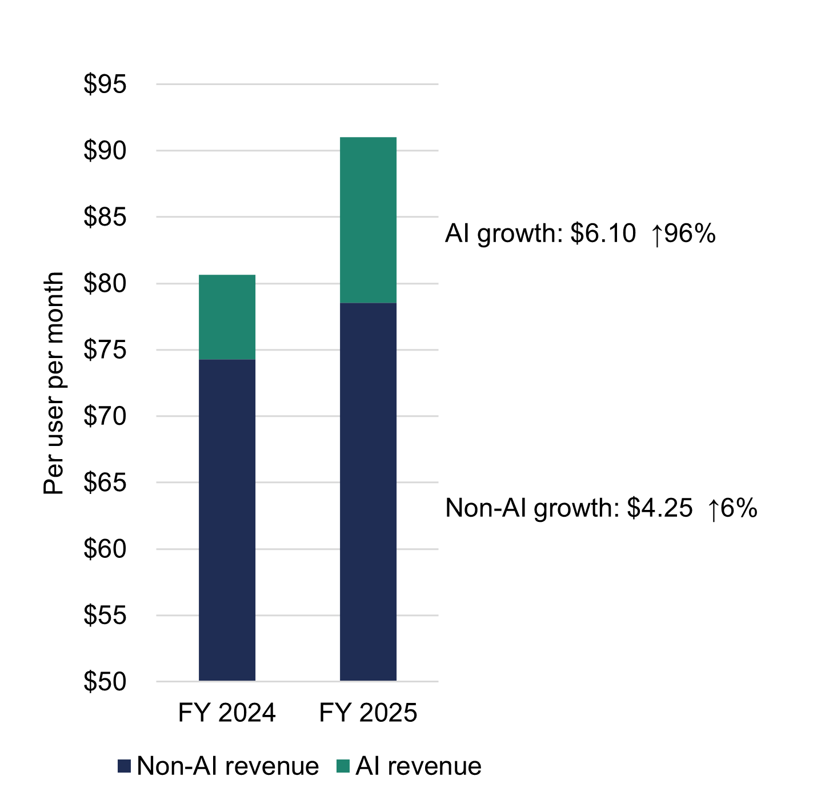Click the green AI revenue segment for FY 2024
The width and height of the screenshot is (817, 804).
click(x=227, y=317)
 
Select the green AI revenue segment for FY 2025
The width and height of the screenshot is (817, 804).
click(x=368, y=220)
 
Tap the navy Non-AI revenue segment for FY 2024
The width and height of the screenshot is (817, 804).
click(x=227, y=520)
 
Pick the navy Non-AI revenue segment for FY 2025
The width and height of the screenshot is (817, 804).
click(x=368, y=491)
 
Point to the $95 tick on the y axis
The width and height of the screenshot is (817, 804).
click(x=105, y=85)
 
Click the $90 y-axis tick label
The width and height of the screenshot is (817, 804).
click(x=105, y=151)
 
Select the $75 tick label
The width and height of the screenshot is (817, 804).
click(x=105, y=350)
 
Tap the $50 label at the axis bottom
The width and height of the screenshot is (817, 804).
click(x=105, y=682)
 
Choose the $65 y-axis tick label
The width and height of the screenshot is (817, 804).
click(x=105, y=483)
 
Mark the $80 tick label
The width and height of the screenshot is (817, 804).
click(x=105, y=284)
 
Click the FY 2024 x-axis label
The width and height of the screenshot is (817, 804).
click(x=227, y=713)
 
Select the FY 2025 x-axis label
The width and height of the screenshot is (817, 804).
click(x=368, y=713)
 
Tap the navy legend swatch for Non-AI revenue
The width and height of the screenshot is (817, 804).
click(x=124, y=766)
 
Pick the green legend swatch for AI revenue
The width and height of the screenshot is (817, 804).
click(x=343, y=766)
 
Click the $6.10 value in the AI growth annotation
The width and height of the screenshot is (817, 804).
click(x=603, y=234)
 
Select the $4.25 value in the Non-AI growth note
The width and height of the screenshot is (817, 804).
click(x=659, y=508)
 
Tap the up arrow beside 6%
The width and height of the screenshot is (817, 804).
click(x=712, y=509)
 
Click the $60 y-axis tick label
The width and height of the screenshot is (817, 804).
click(x=105, y=549)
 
